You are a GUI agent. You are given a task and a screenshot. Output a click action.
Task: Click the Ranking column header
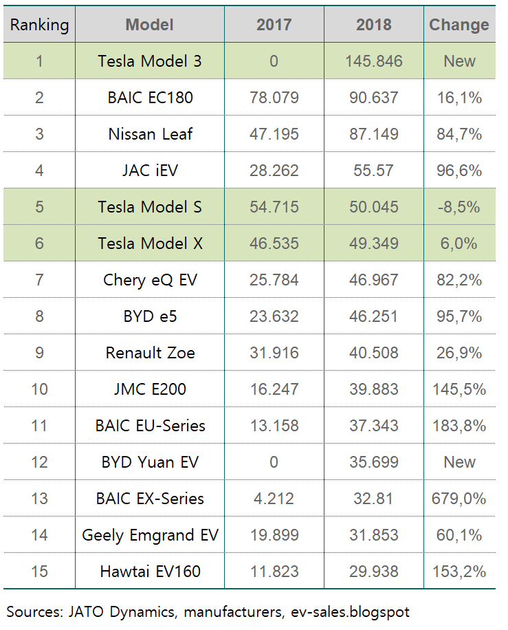pos(39,25)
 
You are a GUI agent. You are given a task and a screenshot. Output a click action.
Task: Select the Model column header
pos(149,25)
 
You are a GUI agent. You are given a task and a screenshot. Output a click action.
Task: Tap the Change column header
pos(459,25)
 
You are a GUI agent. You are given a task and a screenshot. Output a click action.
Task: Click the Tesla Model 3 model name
pos(149,61)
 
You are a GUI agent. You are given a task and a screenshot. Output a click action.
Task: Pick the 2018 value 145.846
pos(373,61)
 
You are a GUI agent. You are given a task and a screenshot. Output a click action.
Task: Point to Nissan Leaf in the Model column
pos(150,134)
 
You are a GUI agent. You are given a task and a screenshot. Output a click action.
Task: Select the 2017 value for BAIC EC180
pos(274,98)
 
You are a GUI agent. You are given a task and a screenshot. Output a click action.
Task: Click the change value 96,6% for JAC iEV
pos(459,171)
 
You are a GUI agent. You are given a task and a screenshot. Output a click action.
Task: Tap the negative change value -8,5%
pos(459,207)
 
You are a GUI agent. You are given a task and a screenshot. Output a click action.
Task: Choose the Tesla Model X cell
pos(149,243)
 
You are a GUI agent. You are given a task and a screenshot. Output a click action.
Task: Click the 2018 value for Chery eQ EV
pos(373,280)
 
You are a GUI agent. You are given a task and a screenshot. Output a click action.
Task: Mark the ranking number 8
pos(39,316)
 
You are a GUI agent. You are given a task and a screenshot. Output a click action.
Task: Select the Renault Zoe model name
pos(150,353)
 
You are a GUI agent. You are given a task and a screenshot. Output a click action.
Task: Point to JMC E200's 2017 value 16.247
pos(274,389)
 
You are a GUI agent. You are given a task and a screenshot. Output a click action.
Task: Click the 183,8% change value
pos(459,426)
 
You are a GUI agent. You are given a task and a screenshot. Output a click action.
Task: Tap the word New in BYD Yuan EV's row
pos(459,462)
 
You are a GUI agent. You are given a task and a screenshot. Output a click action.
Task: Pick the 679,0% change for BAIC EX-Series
pos(459,499)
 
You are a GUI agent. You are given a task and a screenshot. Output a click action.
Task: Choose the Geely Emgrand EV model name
pos(150,535)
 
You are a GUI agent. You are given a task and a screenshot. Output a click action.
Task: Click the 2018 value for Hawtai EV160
pos(373,572)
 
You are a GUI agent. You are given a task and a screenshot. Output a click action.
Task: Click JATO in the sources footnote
pos(82,611)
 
